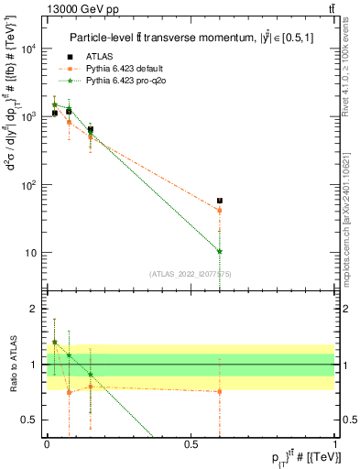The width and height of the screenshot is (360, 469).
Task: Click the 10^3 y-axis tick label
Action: click(29, 117)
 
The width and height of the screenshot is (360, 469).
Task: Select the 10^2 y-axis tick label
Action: click(29, 185)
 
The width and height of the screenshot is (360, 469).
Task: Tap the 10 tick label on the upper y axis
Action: click(32, 253)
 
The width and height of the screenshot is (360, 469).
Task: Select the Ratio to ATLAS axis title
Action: click(13, 365)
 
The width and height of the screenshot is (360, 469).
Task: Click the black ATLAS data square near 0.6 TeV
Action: click(220, 201)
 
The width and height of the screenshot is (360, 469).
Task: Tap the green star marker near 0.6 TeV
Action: click(220, 251)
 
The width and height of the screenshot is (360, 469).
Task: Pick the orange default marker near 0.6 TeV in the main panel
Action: click(220, 211)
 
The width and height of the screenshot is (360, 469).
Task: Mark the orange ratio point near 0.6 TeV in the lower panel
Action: click(220, 391)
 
